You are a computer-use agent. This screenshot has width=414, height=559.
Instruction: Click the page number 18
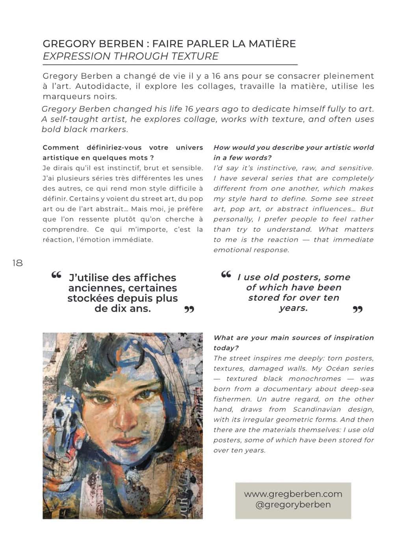(x=18, y=263)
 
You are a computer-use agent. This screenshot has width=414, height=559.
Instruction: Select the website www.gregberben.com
(x=293, y=494)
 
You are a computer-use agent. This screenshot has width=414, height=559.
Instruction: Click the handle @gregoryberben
(x=293, y=505)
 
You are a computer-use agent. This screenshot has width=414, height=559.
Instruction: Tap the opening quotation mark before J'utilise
(x=56, y=275)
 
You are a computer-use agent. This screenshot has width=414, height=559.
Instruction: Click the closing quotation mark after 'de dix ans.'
(x=189, y=310)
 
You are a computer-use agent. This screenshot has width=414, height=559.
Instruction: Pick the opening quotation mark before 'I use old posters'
(x=226, y=275)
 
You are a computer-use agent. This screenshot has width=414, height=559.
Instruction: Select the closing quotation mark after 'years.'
(x=357, y=310)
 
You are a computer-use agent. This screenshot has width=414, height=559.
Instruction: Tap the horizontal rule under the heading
(x=170, y=64)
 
